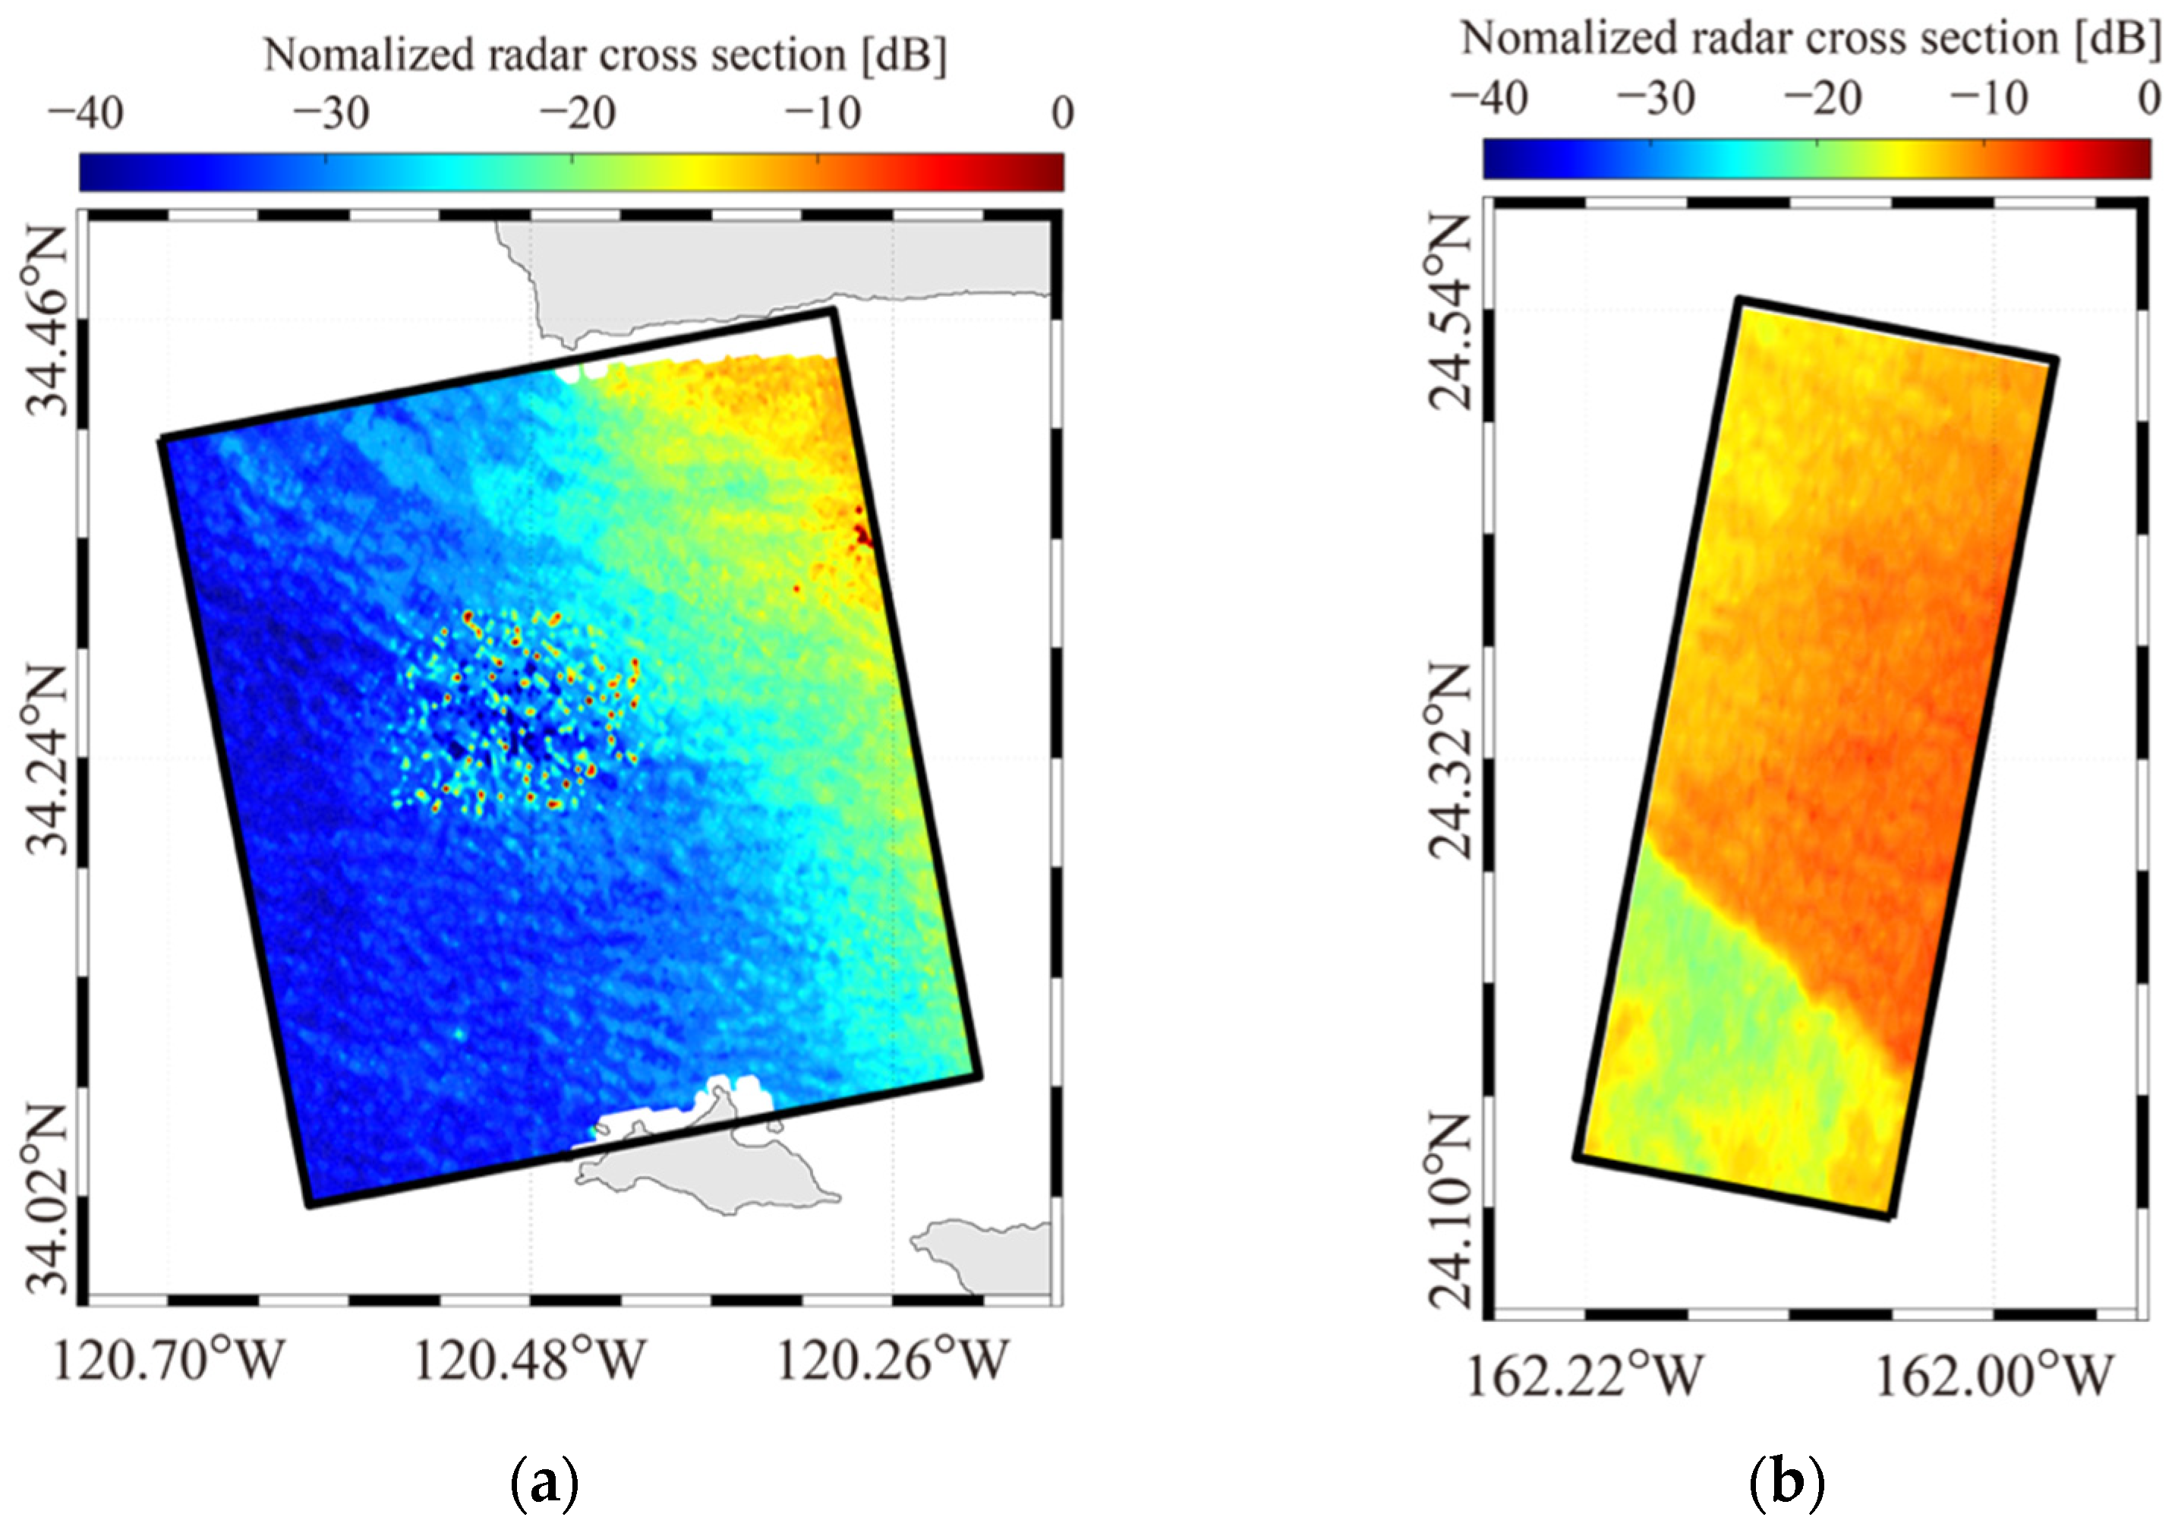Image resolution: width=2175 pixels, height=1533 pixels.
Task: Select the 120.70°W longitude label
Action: pyautogui.click(x=169, y=1361)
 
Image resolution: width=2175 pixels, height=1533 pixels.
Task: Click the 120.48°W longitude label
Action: pyautogui.click(x=530, y=1361)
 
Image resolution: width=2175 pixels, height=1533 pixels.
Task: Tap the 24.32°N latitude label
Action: pyautogui.click(x=1448, y=760)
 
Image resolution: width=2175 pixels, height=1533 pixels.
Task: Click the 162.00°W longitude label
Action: pyautogui.click(x=1994, y=1376)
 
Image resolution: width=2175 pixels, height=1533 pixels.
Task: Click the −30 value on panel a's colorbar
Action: pyautogui.click(x=330, y=115)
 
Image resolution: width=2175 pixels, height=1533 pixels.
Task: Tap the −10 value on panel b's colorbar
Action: pyautogui.click(x=1988, y=99)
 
